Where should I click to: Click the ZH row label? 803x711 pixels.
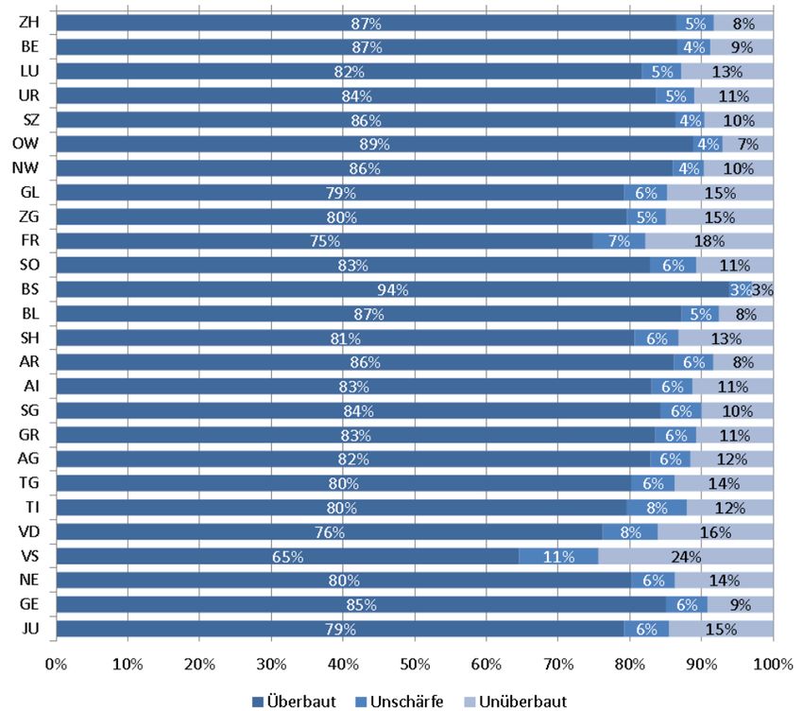point(28,22)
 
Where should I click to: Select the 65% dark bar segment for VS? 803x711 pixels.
point(287,556)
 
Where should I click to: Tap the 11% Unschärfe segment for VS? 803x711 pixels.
point(558,556)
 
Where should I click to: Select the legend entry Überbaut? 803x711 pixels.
point(293,701)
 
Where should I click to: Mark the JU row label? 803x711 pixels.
point(28,629)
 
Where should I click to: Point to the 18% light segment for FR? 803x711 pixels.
point(709,241)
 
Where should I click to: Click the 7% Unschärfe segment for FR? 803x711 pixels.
point(619,241)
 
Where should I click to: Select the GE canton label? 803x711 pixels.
point(28,604)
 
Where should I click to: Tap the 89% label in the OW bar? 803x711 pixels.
point(374,144)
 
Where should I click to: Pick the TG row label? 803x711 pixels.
point(28,483)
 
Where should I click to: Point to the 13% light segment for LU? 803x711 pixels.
point(727,71)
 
